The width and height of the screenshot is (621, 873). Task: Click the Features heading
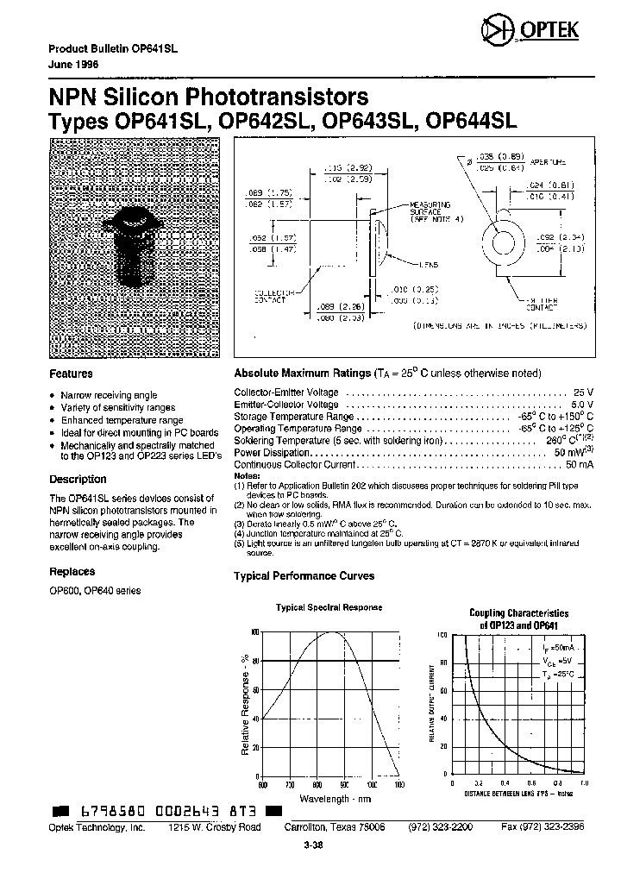tap(71, 374)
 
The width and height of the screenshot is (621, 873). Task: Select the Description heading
tap(78, 479)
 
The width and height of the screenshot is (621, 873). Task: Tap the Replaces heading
tap(72, 571)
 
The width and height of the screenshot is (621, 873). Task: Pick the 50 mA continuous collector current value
tap(580, 465)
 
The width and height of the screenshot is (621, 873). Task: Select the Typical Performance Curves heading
tap(304, 575)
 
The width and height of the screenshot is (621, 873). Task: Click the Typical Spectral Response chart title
tap(328, 607)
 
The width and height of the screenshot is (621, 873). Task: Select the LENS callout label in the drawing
tap(430, 265)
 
